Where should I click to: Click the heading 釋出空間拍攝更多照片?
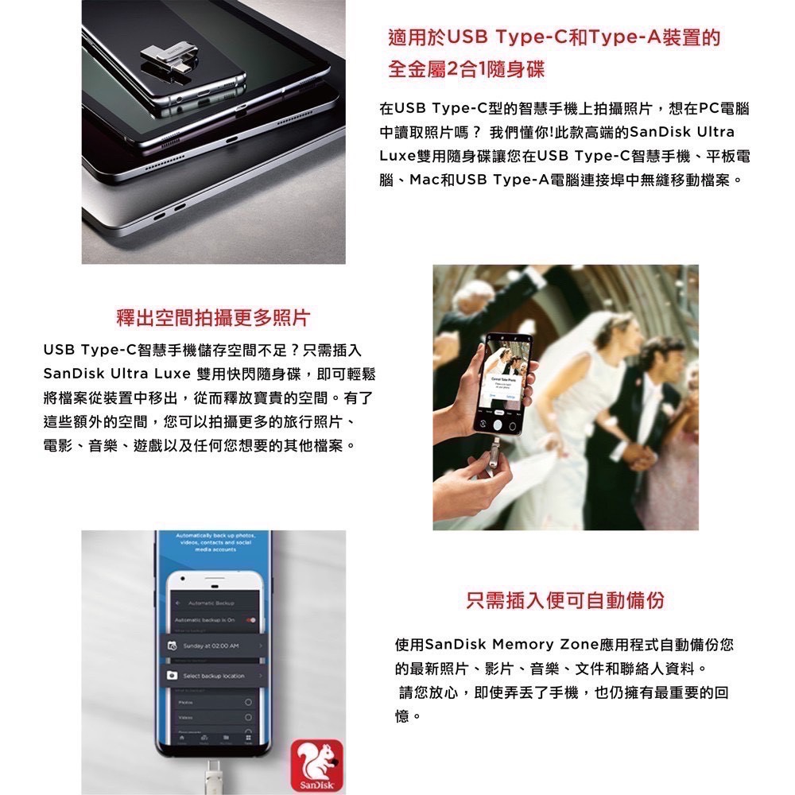pyautogui.click(x=212, y=319)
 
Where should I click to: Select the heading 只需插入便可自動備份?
pyautogui.click(x=565, y=600)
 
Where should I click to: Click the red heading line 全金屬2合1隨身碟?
pyautogui.click(x=466, y=70)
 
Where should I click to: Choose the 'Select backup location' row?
pyautogui.click(x=213, y=676)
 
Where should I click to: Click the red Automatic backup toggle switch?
pyautogui.click(x=252, y=619)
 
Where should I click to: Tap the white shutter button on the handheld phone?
pyautogui.click(x=499, y=413)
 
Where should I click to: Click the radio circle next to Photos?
pyautogui.click(x=250, y=703)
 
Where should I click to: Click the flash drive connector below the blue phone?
pyautogui.click(x=212, y=775)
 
